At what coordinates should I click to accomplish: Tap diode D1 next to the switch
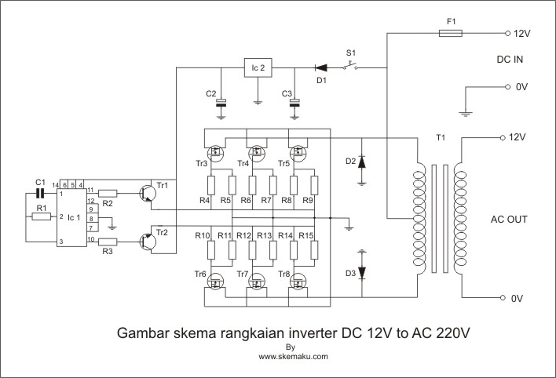pos(320,68)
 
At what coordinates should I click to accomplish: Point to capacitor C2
pos(221,102)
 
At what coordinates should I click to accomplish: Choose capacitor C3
pos(296,102)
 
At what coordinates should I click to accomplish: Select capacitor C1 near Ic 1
pos(41,192)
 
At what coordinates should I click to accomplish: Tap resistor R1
pos(41,216)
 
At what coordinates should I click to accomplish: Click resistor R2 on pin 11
pos(108,192)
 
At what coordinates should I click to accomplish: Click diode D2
pos(361,162)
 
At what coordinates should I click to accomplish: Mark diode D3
pos(361,273)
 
